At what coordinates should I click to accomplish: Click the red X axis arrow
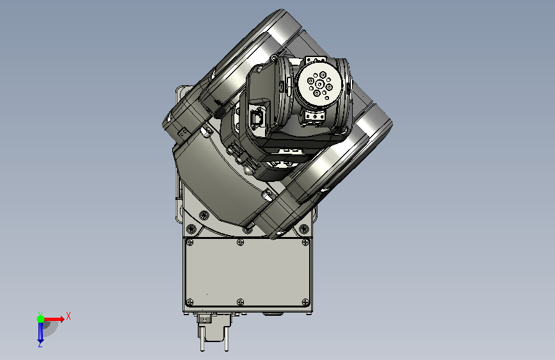[53, 319]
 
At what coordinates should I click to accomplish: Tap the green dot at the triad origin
[41, 319]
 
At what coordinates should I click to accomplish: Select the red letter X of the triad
[68, 316]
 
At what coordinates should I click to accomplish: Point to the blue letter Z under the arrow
[40, 344]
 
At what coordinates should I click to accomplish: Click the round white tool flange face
[319, 85]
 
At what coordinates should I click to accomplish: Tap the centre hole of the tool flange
[319, 85]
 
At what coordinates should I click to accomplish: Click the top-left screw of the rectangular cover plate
[190, 242]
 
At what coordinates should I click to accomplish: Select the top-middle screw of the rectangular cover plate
[240, 242]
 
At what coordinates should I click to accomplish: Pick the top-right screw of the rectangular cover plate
[305, 242]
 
